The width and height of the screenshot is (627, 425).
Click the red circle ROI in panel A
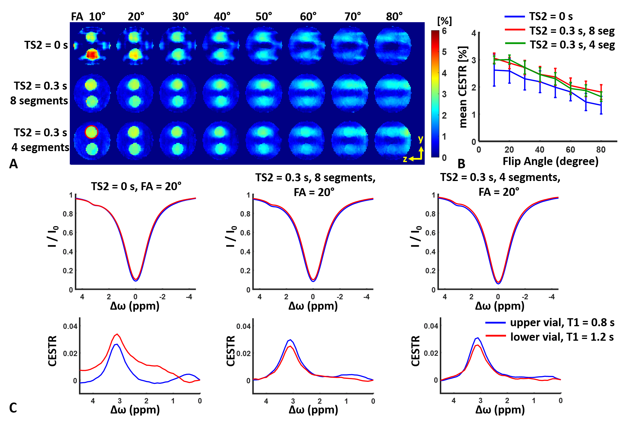91,132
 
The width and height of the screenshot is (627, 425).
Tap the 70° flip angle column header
353,17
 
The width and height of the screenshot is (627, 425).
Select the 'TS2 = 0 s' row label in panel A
46,45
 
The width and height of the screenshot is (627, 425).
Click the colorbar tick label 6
444,31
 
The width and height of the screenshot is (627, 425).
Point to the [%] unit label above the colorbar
444,21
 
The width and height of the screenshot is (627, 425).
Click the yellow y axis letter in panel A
421,139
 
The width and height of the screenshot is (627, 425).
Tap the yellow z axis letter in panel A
405,159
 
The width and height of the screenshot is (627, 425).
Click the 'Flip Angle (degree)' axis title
550,161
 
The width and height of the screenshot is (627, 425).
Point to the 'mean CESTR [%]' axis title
463,87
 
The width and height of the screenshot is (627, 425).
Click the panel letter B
461,164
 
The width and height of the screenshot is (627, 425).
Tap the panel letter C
13,408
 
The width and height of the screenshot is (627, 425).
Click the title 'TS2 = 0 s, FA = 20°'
136,186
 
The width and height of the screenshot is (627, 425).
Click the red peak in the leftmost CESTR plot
117,334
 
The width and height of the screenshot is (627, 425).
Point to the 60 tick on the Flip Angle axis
570,150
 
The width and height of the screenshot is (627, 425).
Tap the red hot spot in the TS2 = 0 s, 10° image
92,55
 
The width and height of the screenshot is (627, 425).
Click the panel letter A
13,164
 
